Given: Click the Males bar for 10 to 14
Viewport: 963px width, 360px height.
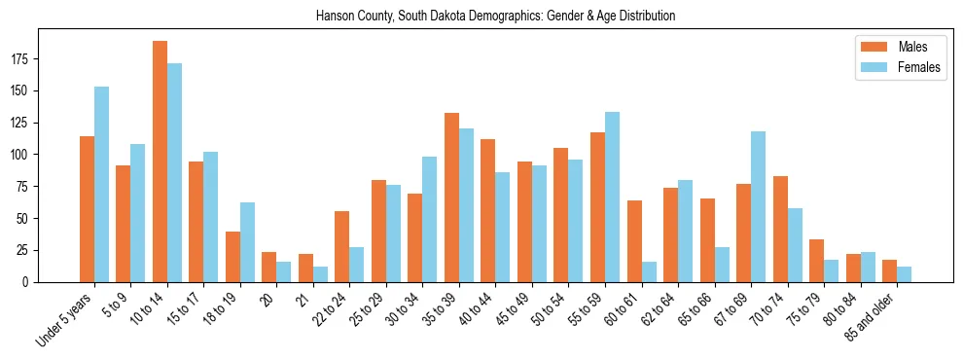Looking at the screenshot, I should [x=160, y=162].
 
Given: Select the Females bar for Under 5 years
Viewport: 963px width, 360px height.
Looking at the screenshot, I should [x=101, y=184].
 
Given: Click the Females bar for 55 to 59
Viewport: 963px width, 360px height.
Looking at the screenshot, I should [x=613, y=197].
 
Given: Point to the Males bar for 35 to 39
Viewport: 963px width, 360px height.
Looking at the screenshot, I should [x=451, y=198].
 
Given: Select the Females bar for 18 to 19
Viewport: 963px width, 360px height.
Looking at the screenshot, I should [x=247, y=242].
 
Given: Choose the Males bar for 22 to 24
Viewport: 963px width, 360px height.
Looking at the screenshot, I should [x=342, y=246].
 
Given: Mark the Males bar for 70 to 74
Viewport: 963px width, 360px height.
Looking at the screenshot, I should [x=780, y=229].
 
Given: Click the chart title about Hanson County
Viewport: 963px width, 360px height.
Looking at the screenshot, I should [x=496, y=17].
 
